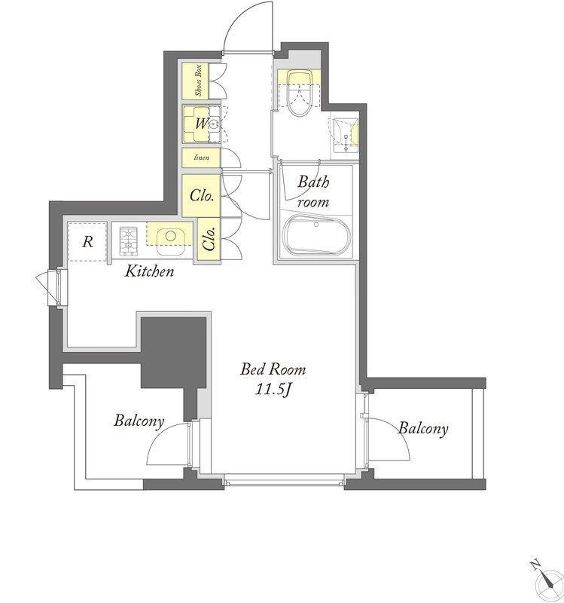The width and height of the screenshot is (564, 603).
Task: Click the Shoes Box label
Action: click(199, 81)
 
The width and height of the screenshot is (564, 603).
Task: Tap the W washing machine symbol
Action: click(201, 124)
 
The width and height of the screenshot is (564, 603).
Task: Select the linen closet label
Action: click(201, 158)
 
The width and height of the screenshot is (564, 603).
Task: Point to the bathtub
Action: click(316, 236)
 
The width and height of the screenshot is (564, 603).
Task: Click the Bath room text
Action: click(312, 191)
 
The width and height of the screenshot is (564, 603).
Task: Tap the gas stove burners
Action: click(128, 241)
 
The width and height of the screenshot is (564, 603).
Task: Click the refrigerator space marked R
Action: click(87, 242)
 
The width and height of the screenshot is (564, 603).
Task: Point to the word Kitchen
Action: click(149, 271)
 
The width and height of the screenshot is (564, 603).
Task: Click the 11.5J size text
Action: click(273, 390)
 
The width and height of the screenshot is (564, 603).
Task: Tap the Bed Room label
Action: click(273, 369)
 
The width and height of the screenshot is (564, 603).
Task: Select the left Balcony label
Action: click(139, 421)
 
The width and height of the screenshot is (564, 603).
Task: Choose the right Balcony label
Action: click(423, 428)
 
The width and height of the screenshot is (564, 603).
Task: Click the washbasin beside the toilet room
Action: click(344, 135)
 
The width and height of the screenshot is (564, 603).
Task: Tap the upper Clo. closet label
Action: click(202, 195)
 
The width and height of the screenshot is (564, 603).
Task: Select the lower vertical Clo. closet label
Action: click(209, 238)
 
